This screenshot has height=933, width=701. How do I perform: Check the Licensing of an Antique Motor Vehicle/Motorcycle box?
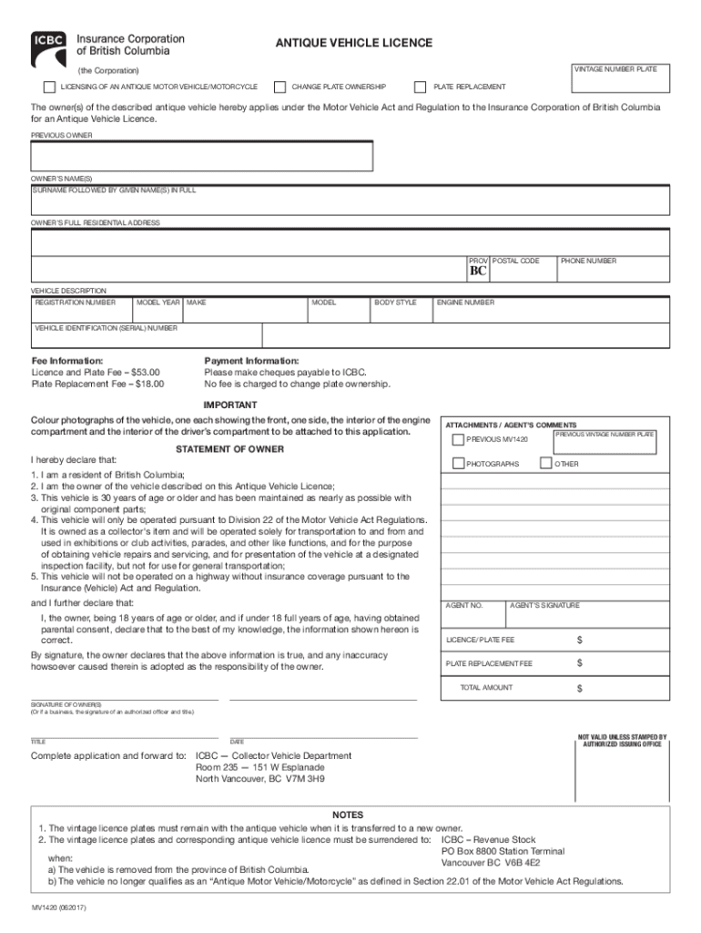point(49,87)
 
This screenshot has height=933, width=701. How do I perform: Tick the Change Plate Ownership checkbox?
point(280,87)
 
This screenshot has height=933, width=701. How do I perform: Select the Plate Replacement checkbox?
point(421,87)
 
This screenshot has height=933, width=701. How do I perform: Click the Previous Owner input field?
point(202,157)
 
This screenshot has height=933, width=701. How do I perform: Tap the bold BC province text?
point(478,272)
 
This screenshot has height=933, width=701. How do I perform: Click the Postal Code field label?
point(516,261)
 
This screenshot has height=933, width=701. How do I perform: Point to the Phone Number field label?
point(588,261)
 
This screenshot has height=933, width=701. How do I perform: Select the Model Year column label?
point(158,302)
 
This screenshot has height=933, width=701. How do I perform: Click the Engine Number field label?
point(465,302)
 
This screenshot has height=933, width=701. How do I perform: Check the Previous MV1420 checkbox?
point(458,440)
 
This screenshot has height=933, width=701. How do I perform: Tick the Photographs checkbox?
point(458,464)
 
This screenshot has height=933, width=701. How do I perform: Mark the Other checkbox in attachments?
point(545,464)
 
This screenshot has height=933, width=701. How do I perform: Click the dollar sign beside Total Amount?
point(579,688)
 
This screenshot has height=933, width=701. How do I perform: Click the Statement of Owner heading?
point(229,449)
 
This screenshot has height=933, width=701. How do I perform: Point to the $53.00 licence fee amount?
point(145,373)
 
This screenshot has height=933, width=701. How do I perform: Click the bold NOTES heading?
point(348,815)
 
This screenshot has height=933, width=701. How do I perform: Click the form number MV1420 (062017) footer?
point(59,908)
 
